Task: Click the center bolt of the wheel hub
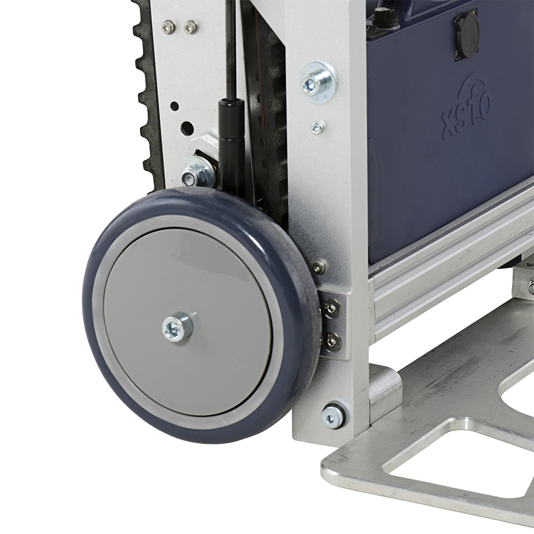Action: pyautogui.click(x=177, y=328)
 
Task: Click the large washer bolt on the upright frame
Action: pyautogui.click(x=317, y=82)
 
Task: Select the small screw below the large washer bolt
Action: pyautogui.click(x=318, y=128)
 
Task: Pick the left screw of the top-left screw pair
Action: pyautogui.click(x=167, y=26)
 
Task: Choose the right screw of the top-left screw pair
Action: pyautogui.click(x=190, y=27)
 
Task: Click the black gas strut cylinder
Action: pyautogui.click(x=232, y=143)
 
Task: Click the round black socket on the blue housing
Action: pyautogui.click(x=466, y=36)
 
